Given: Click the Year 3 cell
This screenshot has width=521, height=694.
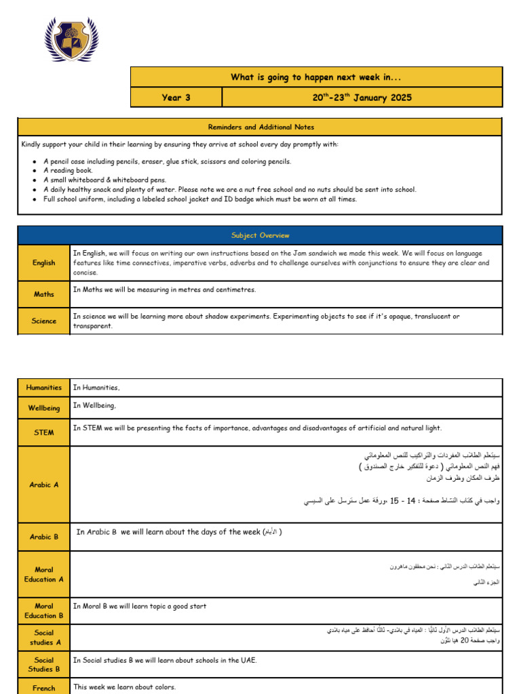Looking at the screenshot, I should (176, 98).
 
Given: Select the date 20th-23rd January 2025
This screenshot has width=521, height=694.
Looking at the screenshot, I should (362, 98).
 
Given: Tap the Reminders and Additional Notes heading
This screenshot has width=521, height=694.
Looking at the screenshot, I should (260, 127).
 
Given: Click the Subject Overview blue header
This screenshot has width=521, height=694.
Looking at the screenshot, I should (260, 235).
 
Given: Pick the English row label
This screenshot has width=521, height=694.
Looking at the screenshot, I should (44, 263).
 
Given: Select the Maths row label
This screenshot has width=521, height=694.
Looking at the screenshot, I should (44, 294).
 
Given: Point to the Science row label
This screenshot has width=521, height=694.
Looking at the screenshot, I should (44, 321).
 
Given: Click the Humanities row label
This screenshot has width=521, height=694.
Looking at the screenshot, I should (44, 388).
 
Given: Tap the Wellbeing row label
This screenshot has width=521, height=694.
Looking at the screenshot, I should (44, 408).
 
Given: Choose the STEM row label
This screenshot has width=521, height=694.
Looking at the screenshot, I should (44, 432).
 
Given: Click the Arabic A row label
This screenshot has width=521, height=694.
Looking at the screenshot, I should (44, 485).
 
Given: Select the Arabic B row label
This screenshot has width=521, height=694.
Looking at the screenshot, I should (44, 537).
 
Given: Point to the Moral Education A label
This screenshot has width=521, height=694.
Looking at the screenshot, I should (44, 575).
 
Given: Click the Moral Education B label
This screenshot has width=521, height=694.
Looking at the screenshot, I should (44, 611).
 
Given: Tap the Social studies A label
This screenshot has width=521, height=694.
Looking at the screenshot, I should (44, 638).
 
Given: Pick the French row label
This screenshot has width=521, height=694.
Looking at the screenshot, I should (44, 688).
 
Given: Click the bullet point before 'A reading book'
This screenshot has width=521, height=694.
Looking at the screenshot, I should (35, 171).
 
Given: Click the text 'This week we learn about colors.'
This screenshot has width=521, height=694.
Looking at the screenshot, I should (124, 687).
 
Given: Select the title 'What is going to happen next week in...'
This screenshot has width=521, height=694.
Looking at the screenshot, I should (316, 77).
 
